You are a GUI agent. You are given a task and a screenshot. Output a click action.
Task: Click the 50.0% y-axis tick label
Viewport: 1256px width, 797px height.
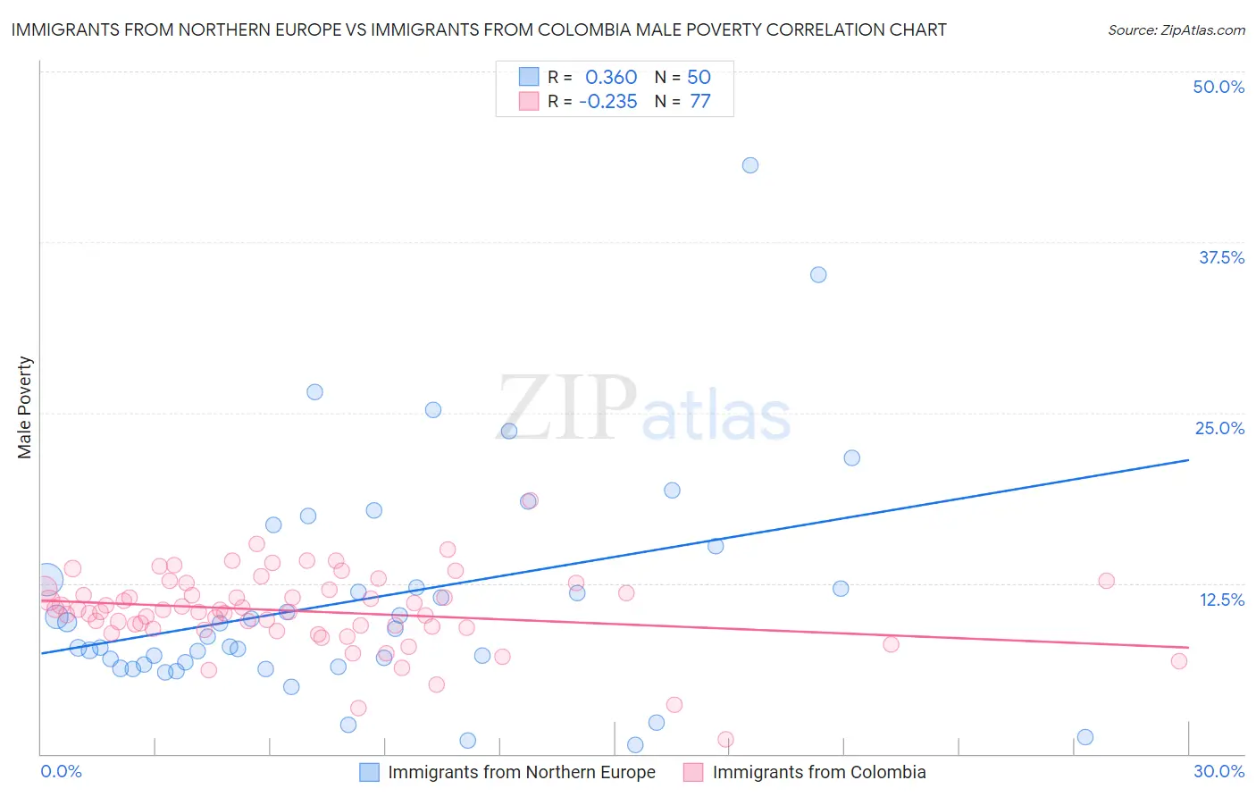[x=1218, y=87]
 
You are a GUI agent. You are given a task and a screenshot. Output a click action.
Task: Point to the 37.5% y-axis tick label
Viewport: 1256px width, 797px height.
[x=1221, y=257]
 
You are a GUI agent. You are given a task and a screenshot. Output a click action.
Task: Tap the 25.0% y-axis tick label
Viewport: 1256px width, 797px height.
[x=1219, y=428]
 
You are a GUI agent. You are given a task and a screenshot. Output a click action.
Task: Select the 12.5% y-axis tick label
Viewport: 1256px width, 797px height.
[x=1221, y=600]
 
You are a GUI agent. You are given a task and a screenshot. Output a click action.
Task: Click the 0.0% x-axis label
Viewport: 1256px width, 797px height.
[x=61, y=771]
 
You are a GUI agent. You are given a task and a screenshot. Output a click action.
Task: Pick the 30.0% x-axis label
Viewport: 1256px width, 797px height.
[x=1218, y=771]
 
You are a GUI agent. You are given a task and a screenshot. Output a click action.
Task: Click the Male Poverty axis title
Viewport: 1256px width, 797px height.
[x=24, y=407]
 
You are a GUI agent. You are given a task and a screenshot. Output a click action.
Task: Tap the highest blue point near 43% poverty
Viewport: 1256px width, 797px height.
[x=750, y=165]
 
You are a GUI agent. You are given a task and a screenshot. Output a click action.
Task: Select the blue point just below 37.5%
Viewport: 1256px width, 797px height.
[x=818, y=274]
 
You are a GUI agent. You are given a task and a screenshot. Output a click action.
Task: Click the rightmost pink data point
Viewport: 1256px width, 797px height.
[x=1179, y=661]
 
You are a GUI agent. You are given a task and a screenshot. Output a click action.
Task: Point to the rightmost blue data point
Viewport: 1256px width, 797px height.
[x=1085, y=737]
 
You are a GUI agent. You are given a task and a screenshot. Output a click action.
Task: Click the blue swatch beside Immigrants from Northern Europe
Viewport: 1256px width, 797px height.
[x=370, y=772]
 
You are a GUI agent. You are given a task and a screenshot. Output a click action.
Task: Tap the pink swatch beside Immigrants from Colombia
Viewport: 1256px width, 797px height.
[x=693, y=772]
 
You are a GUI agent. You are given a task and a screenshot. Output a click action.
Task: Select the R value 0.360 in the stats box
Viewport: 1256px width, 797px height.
[x=611, y=78]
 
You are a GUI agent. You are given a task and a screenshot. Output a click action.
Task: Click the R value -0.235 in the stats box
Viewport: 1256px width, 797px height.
[x=608, y=102]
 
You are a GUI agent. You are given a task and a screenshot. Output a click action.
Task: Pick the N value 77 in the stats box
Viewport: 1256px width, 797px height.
[x=700, y=102]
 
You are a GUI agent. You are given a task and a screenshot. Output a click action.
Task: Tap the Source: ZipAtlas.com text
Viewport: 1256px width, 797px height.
[x=1176, y=29]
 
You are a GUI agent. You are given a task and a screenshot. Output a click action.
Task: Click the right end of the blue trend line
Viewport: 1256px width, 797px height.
[x=1188, y=460]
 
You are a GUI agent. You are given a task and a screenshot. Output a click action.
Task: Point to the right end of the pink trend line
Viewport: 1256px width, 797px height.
[x=1188, y=647]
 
